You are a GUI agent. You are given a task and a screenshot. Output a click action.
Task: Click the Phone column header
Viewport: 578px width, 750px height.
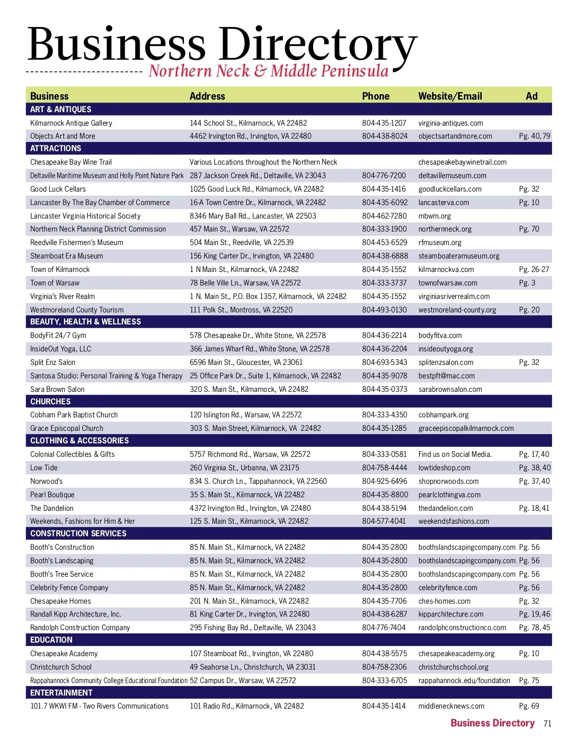tap(375, 96)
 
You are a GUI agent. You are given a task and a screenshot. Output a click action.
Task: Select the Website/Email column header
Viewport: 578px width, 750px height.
tap(450, 96)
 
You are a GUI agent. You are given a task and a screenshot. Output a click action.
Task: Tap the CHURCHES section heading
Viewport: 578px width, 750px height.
tap(51, 401)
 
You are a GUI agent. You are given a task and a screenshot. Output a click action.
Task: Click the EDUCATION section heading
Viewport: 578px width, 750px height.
tap(51, 640)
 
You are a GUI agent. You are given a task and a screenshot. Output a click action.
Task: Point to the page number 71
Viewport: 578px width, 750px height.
tap(547, 724)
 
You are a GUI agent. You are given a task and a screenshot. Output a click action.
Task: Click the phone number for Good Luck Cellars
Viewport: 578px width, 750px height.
tap(384, 189)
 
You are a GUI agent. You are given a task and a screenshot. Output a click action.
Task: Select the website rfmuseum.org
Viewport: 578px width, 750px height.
tap(440, 243)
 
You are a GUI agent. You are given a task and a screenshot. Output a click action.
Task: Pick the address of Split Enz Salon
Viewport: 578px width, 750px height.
tap(246, 362)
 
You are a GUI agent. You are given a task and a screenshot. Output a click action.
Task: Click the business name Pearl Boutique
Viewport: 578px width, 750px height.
tap(52, 495)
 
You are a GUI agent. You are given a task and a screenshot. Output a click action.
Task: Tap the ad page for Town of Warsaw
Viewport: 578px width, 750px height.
tap(527, 283)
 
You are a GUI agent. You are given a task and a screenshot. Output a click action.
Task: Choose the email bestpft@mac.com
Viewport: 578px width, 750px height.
tap(447, 376)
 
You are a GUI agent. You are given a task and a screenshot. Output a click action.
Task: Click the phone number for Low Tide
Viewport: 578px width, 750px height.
tap(384, 468)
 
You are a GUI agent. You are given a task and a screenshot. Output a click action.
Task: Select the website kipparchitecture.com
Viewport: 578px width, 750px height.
tap(451, 614)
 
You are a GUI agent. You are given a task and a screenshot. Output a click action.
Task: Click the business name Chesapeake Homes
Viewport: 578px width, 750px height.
tap(61, 601)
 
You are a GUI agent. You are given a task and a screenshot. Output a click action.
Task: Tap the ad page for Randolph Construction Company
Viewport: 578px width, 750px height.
tap(534, 628)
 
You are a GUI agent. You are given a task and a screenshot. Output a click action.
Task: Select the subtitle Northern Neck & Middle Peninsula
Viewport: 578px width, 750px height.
tap(268, 71)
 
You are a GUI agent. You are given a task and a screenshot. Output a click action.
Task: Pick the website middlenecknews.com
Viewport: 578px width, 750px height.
tap(451, 706)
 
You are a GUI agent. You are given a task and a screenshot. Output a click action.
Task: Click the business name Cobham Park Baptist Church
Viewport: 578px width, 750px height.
tap(74, 415)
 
